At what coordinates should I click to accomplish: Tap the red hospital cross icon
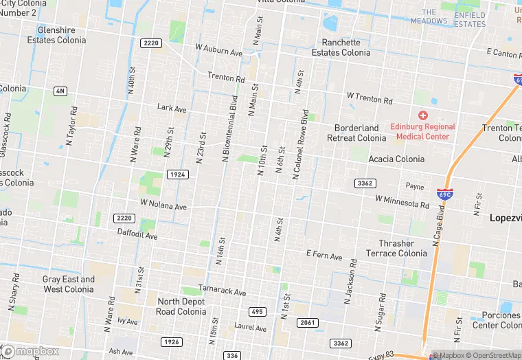point(423,115)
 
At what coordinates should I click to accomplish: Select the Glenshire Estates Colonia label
point(56,35)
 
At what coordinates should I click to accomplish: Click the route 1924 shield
point(177,175)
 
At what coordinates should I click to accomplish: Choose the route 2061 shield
point(308,323)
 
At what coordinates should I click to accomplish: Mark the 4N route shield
point(60,91)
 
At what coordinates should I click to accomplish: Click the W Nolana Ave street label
point(163,205)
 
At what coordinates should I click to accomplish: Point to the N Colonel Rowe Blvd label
point(301,145)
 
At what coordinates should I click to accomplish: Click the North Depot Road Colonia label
point(182,306)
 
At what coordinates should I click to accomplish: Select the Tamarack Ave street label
point(222,292)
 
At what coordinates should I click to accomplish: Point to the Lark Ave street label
point(172,108)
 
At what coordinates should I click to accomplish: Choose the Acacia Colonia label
point(396,159)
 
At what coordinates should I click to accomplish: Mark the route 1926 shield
point(172,341)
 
